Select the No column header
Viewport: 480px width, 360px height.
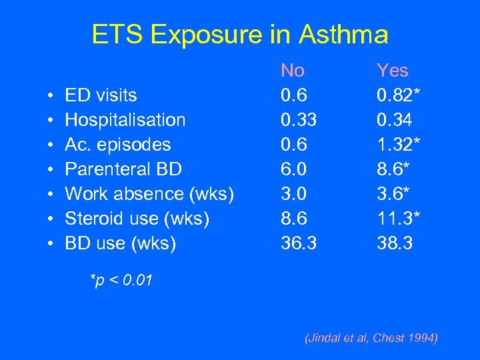[x=293, y=70]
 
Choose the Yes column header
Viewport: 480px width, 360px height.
[x=392, y=70]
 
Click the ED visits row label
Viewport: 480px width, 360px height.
[x=101, y=95]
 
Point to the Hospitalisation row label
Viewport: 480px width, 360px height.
[x=125, y=120]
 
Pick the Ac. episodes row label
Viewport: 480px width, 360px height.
[x=117, y=145]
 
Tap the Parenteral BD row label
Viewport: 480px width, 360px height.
[x=123, y=169]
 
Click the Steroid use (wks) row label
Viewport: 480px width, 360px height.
[x=137, y=219]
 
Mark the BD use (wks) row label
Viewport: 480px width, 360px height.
[x=120, y=243]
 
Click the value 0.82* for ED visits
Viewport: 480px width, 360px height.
[x=399, y=95]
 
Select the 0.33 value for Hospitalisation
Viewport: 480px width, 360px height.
[x=298, y=120]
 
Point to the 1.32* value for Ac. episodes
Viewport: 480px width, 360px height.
[x=399, y=145]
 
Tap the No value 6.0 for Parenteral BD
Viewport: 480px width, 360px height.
[x=293, y=169]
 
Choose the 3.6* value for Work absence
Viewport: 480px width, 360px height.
[x=393, y=194]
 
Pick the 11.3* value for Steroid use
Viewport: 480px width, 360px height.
[x=399, y=219]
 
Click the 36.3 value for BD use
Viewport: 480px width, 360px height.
[x=298, y=243]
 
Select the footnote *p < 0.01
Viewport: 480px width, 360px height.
[x=121, y=281]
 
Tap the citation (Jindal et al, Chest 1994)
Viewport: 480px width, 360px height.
[x=371, y=339]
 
